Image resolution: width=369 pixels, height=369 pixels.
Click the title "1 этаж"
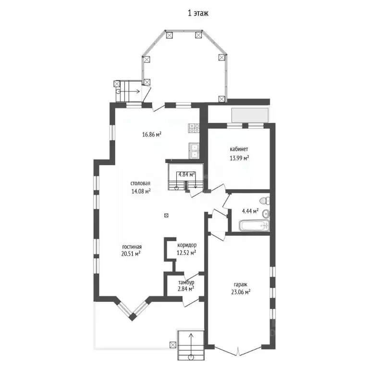[x=197, y=14]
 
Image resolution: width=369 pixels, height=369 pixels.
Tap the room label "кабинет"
[x=239, y=149]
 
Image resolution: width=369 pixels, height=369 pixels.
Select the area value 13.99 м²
[x=239, y=158]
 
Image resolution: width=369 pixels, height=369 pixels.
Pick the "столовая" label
[x=141, y=183]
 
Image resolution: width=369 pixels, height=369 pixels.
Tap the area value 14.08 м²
[x=141, y=191]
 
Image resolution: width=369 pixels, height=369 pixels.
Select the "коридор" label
[x=186, y=245]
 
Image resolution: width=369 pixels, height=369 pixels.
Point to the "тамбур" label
[x=185, y=282]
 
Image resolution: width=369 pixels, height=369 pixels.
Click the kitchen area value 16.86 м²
[x=151, y=135]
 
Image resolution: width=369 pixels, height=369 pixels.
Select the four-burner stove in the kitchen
[x=195, y=128]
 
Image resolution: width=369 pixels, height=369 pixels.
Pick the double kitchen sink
[x=195, y=151]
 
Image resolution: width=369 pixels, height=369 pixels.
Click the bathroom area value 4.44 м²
[x=249, y=210]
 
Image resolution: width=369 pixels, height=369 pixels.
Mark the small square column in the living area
[x=166, y=215]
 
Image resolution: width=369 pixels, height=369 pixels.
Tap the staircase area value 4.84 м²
[x=186, y=174]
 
